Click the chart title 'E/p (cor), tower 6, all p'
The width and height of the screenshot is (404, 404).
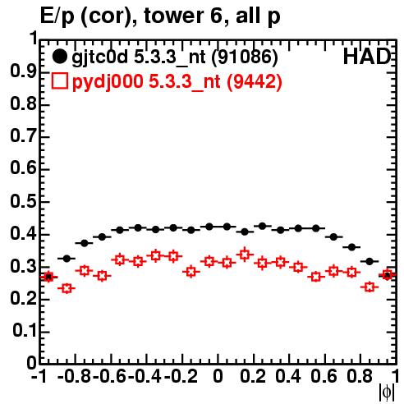click(x=160, y=16)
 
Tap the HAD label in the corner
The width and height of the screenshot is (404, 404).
click(x=367, y=57)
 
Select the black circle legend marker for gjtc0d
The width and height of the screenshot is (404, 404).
click(x=59, y=57)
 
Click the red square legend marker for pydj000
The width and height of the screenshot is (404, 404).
click(x=59, y=80)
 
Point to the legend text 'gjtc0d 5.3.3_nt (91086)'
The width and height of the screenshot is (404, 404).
click(x=175, y=57)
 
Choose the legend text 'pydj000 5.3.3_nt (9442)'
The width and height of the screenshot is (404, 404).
click(x=177, y=81)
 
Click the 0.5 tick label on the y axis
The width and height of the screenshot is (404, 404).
click(x=23, y=202)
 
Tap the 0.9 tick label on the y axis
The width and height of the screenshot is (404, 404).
click(x=23, y=71)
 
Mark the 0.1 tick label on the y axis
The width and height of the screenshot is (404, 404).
click(x=24, y=331)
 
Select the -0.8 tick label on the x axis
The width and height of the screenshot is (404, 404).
click(x=75, y=377)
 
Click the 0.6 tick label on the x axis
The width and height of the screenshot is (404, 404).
click(x=324, y=377)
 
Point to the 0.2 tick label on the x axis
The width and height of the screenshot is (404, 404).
click(x=253, y=377)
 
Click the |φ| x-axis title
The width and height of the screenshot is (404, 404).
click(x=387, y=393)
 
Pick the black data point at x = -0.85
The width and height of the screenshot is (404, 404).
click(x=67, y=258)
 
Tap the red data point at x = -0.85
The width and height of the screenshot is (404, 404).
click(x=67, y=288)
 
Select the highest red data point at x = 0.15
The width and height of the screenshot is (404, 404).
click(x=245, y=255)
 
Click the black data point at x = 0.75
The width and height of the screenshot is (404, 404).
click(x=351, y=247)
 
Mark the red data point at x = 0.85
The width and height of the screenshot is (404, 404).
click(x=370, y=287)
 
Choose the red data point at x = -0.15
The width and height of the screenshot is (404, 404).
click(x=191, y=272)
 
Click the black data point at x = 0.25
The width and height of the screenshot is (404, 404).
click(x=262, y=226)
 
